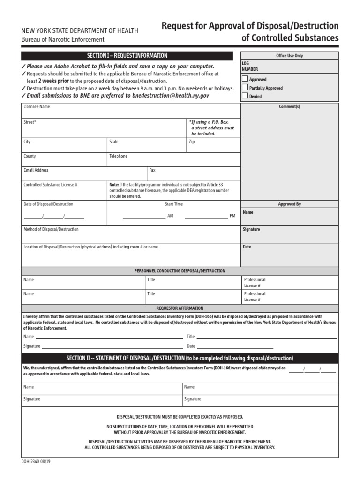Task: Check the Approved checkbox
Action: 245,79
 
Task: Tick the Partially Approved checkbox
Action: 245,88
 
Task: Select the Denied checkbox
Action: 245,96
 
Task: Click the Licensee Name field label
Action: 37,107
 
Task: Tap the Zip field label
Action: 192,142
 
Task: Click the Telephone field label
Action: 118,156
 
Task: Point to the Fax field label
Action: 152,170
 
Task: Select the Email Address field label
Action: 36,170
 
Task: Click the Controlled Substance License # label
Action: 51,185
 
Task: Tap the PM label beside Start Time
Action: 232,216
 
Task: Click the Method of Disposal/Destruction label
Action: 51,230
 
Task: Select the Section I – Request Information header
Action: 127,56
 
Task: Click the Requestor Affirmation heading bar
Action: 180,308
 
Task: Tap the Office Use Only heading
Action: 289,56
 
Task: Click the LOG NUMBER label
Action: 250,66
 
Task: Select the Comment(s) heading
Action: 289,107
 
